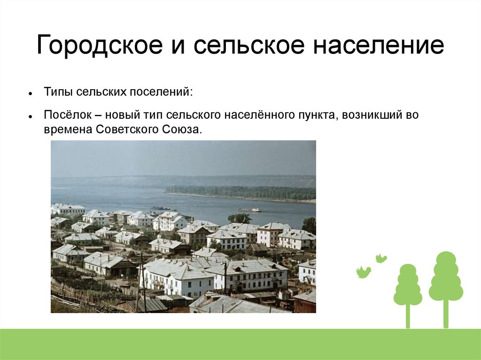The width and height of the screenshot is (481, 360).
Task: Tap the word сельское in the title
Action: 249,45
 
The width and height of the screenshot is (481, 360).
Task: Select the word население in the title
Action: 378,45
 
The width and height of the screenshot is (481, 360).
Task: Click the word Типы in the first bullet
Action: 58,92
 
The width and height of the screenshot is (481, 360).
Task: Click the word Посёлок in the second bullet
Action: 68,115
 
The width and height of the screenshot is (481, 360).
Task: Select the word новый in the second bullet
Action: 122,115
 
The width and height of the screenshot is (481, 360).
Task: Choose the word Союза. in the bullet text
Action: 182,130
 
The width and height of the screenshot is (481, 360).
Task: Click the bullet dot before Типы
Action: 30,93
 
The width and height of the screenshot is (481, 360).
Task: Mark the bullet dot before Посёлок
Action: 30,116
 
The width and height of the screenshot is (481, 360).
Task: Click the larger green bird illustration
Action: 363,272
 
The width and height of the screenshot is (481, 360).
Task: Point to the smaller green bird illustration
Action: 381,258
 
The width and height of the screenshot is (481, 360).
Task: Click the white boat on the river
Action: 250,210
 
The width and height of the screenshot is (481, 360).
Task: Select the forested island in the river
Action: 241,193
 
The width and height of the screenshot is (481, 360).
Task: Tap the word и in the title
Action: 178,47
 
